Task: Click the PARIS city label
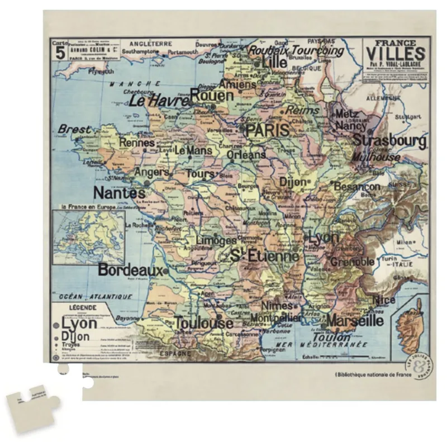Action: tap(268, 131)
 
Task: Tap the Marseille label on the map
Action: tap(355, 321)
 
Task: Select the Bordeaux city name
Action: tap(130, 270)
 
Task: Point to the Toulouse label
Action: tap(203, 323)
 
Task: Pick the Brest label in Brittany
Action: tap(74, 130)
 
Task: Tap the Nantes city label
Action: tap(119, 193)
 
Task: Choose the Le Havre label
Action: tap(159, 101)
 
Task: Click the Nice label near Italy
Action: tap(384, 300)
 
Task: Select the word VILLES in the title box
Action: tap(396, 54)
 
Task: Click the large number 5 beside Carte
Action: tap(60, 53)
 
